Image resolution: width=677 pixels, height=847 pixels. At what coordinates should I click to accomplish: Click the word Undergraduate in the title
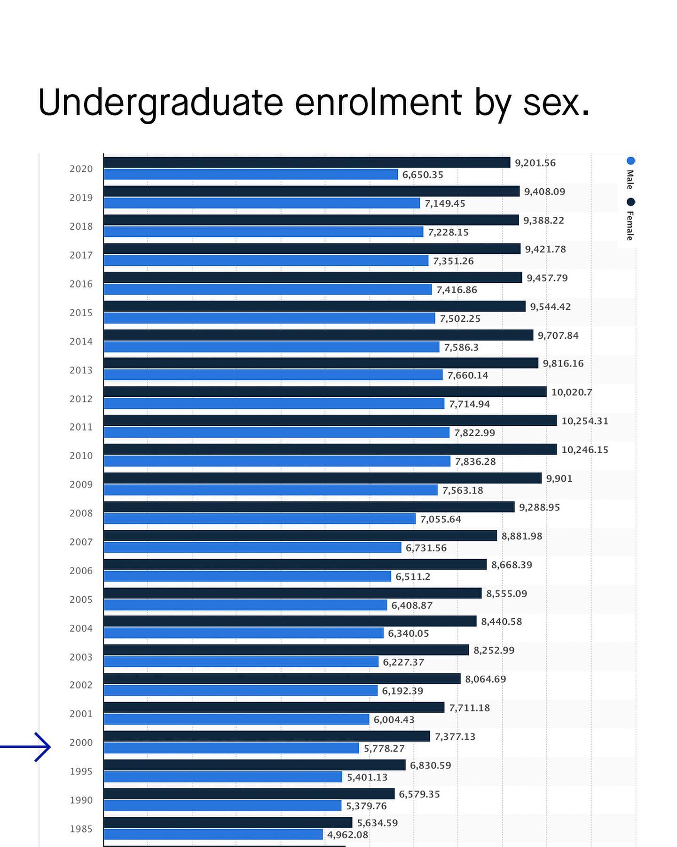click(x=160, y=103)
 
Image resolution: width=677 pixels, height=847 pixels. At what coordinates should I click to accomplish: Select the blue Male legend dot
click(x=630, y=161)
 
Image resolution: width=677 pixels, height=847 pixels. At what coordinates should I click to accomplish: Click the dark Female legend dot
click(x=630, y=202)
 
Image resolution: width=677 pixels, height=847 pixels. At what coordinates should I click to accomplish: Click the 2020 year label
click(x=81, y=169)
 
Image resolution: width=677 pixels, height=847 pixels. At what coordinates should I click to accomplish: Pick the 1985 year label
click(x=81, y=829)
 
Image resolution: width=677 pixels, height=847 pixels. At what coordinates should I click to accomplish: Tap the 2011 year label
click(x=81, y=427)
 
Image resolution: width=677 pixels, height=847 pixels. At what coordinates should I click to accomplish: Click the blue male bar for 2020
click(x=251, y=175)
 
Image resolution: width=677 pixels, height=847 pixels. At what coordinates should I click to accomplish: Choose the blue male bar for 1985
click(x=213, y=834)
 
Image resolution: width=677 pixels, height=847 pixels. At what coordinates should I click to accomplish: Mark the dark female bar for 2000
click(x=267, y=736)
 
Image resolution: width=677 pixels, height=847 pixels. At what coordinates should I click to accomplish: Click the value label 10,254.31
click(x=584, y=421)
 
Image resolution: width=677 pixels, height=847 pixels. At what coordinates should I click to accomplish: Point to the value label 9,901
click(x=559, y=479)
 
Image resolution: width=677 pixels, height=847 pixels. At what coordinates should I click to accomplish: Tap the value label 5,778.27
click(x=384, y=748)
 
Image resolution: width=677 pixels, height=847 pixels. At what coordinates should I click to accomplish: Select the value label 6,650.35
click(x=422, y=175)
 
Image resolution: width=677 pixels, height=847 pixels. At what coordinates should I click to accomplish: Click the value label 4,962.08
click(x=347, y=834)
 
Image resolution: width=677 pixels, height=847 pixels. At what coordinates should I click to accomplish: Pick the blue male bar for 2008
click(x=260, y=519)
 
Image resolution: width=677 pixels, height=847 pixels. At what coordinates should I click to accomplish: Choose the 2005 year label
click(x=81, y=599)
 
